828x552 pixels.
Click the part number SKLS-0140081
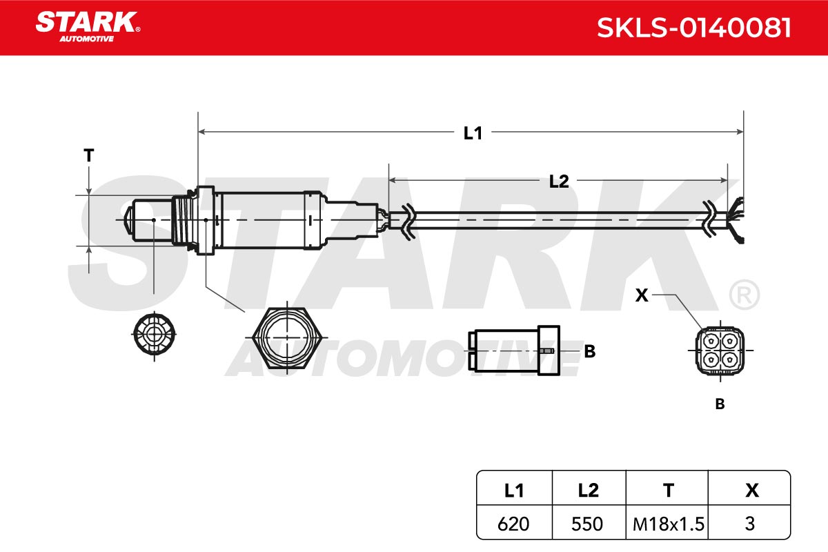point(694,28)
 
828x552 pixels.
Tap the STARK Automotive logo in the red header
point(88,27)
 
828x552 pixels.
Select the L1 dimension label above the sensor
point(473,133)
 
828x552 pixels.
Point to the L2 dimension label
point(558,181)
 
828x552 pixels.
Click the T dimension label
point(89,155)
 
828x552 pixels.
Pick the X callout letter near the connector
point(642,295)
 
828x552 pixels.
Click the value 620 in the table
point(513,524)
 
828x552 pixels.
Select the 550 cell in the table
point(587,524)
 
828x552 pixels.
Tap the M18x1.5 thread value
point(669,524)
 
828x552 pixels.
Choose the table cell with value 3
point(749,524)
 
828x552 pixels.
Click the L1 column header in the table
point(514,491)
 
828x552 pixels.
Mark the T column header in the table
point(669,491)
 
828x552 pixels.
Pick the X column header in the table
point(752,491)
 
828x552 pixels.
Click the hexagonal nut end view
point(287,337)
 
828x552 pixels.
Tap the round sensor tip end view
point(154,334)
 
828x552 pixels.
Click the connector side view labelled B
point(514,350)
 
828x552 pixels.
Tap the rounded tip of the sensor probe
point(128,220)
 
